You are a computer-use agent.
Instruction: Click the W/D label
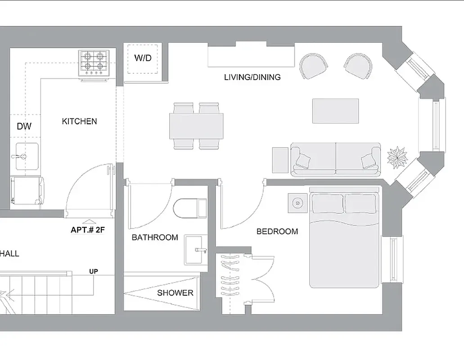[x=143, y=58]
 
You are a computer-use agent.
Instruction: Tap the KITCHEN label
[x=79, y=121]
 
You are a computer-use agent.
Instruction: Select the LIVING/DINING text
[x=252, y=77]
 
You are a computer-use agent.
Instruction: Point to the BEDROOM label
[x=277, y=232]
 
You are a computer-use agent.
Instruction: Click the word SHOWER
[x=175, y=293]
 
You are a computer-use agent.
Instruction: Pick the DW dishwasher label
[x=24, y=126]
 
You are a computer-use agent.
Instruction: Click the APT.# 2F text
[x=88, y=229]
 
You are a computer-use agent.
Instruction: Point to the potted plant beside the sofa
[x=397, y=157]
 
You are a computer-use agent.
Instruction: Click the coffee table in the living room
[x=336, y=111]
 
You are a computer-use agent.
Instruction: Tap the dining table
[x=196, y=126]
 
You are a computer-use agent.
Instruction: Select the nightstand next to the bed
[x=297, y=203]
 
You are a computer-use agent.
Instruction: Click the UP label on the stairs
[x=94, y=271]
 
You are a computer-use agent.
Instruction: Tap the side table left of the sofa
[x=280, y=160]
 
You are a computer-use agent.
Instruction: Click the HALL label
[x=9, y=254]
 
